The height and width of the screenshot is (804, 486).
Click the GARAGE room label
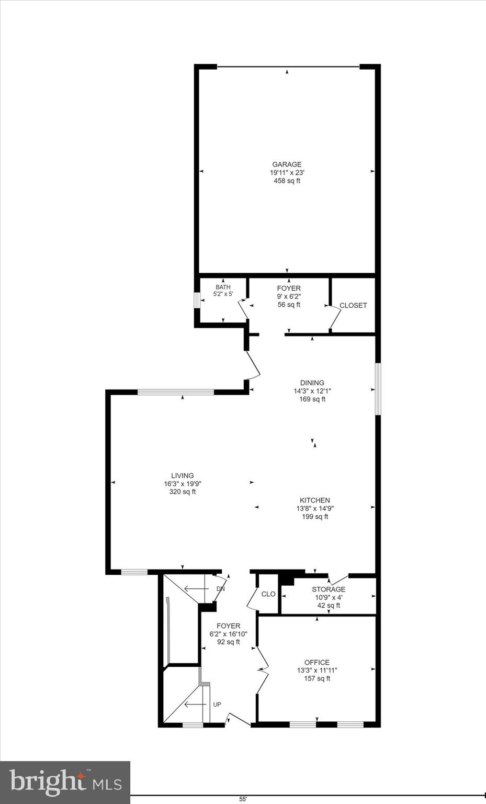[287, 164]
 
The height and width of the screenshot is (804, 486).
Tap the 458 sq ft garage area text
[287, 181]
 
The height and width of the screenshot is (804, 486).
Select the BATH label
[223, 287]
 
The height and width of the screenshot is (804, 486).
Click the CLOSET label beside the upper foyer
[353, 306]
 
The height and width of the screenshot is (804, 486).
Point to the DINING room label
[312, 383]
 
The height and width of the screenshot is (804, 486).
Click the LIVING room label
[182, 476]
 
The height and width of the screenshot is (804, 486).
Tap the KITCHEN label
[315, 500]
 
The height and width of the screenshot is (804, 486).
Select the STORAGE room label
[329, 589]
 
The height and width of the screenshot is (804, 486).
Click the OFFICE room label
[317, 662]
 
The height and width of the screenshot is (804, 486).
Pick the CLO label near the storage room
[268, 594]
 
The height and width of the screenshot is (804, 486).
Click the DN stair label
[221, 589]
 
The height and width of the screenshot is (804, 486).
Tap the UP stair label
[217, 705]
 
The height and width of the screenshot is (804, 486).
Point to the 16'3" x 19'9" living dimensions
[183, 484]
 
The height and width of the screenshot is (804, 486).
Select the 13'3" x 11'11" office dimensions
[317, 671]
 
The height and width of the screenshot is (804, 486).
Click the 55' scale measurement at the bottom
[243, 799]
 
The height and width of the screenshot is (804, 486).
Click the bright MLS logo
[65, 783]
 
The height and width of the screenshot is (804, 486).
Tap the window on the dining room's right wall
[378, 389]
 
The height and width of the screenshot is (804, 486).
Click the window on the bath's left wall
[197, 300]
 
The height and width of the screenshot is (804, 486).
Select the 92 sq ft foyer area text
[229, 642]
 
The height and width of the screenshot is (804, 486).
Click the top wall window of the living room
[176, 392]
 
